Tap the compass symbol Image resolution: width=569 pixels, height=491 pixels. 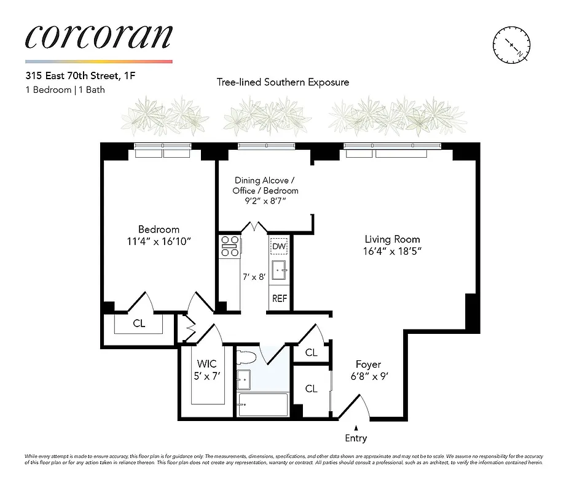pos(511,46)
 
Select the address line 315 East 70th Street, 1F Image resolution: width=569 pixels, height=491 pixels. pos(76,77)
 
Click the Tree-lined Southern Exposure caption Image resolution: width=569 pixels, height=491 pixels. pos(283,82)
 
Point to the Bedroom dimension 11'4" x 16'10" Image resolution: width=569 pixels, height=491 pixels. pos(159,241)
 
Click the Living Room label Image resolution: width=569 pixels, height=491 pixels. pos(392,239)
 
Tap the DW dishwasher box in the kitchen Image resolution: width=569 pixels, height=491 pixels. pos(279,247)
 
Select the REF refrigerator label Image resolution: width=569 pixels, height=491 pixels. pos(279,298)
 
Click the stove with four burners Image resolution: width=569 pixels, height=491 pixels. pos(230,246)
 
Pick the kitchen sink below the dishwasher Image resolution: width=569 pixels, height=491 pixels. pos(279,269)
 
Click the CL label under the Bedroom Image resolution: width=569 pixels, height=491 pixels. pos(139,323)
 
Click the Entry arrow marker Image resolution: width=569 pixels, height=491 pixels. pos(356,428)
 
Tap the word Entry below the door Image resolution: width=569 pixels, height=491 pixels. pos(356,438)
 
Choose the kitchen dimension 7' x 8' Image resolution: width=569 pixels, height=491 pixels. pos(254,277)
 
